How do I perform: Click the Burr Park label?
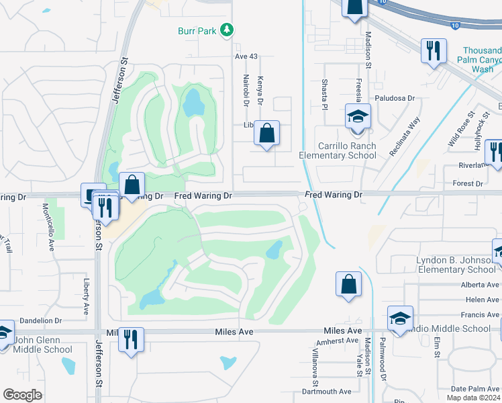(x=198, y=31)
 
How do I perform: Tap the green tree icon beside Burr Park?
(x=228, y=30)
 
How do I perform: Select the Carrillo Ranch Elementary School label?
(x=347, y=150)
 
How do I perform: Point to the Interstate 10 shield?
(x=381, y=3)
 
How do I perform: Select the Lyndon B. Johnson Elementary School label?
(x=456, y=265)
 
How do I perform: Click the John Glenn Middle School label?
(x=42, y=345)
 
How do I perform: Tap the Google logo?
(x=22, y=395)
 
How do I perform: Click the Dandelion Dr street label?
(x=40, y=321)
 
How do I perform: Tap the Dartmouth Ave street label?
(x=327, y=391)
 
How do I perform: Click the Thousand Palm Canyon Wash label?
(x=481, y=60)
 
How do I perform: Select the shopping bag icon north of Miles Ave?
(x=348, y=283)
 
